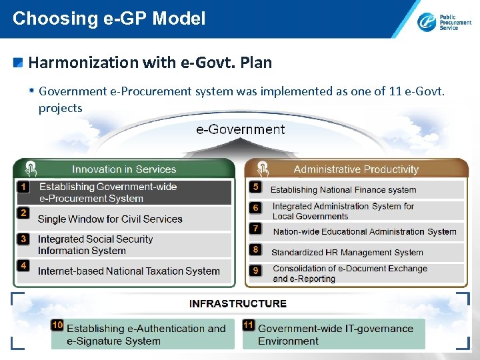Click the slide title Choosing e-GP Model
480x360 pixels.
tap(109, 18)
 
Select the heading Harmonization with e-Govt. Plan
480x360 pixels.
tap(150, 63)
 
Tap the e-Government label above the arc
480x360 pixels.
tap(240, 129)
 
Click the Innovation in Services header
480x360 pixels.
tap(124, 169)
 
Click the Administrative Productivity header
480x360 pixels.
tap(356, 169)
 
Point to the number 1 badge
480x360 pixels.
tap(23, 187)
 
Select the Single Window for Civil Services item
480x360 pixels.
tap(110, 219)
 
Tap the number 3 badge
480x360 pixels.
tap(23, 239)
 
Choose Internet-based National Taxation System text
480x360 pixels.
tap(129, 271)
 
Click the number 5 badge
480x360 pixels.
tap(255, 187)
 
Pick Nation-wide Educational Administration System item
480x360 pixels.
tap(365, 231)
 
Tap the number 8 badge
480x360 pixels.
tap(255, 249)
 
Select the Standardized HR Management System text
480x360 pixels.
tap(347, 253)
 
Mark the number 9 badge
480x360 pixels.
tap(255, 270)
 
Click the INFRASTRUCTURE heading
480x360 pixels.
tap(238, 303)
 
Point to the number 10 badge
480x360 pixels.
tap(57, 325)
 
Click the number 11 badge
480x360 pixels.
tap(249, 325)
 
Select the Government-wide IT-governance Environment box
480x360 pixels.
tap(334, 334)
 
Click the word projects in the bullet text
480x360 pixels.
tap(61, 108)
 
